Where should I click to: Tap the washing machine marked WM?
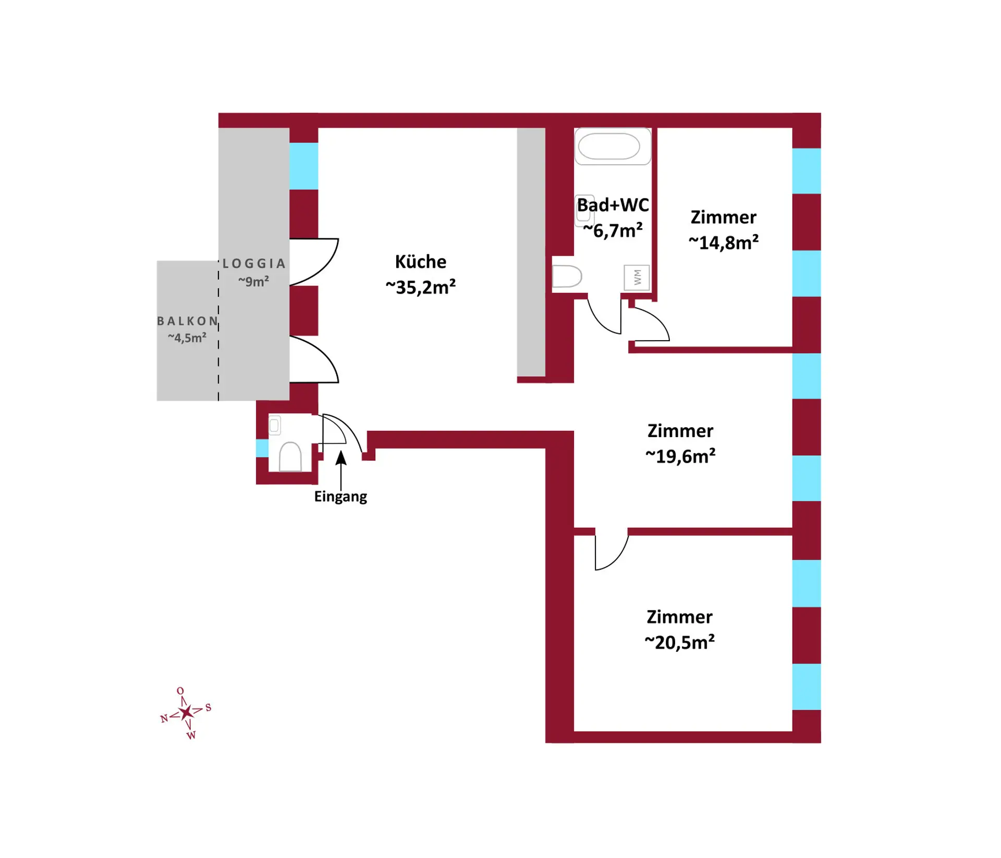(x=637, y=277)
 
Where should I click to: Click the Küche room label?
(x=420, y=262)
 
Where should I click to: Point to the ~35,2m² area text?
(x=420, y=287)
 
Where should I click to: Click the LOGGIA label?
(x=254, y=264)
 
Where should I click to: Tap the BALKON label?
(x=187, y=321)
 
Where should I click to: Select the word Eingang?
(x=340, y=496)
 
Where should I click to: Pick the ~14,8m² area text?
(x=723, y=243)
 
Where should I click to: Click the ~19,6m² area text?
(x=680, y=456)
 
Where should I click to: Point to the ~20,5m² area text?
(x=679, y=642)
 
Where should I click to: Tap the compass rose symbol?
(x=186, y=712)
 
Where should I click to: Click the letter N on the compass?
(x=164, y=719)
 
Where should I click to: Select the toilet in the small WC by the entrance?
(x=290, y=457)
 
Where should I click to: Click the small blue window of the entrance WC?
(x=262, y=448)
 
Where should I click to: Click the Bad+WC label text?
(x=613, y=205)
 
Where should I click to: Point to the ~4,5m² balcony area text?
(x=187, y=338)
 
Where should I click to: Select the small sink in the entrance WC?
(x=274, y=425)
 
